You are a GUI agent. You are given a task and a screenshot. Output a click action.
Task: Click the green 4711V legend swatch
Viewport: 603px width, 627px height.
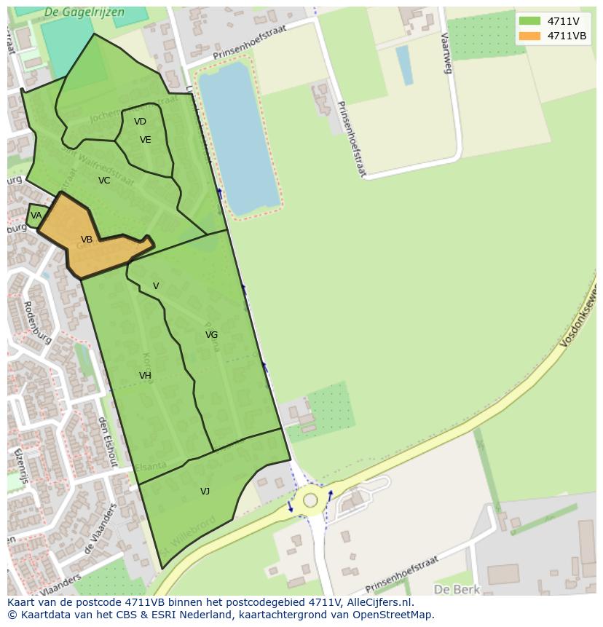click(529, 21)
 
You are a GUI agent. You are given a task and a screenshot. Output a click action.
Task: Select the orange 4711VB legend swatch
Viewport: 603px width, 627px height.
click(529, 36)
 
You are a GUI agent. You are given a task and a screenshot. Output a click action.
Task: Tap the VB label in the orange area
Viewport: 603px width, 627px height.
click(87, 240)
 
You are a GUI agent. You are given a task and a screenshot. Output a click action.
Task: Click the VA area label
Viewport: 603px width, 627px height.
click(36, 216)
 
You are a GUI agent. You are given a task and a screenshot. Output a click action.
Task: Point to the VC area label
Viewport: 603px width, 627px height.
click(104, 181)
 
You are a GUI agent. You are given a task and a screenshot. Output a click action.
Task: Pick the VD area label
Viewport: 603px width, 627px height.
click(140, 122)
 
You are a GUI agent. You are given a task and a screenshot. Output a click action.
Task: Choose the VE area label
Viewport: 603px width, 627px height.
click(145, 140)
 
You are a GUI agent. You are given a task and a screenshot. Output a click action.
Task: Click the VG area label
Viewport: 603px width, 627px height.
click(211, 335)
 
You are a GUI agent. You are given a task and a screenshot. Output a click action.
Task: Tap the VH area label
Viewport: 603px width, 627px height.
click(145, 376)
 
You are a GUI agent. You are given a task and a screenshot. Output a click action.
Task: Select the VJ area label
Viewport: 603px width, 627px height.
click(205, 492)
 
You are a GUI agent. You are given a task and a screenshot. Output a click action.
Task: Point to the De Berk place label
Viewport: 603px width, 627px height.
click(452, 588)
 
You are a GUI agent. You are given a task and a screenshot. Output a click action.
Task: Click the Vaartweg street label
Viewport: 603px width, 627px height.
click(446, 52)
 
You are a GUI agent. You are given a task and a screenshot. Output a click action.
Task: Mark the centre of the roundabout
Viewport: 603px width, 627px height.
click(311, 500)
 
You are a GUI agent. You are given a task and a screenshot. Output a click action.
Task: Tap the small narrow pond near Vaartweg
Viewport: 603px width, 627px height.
click(404, 66)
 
